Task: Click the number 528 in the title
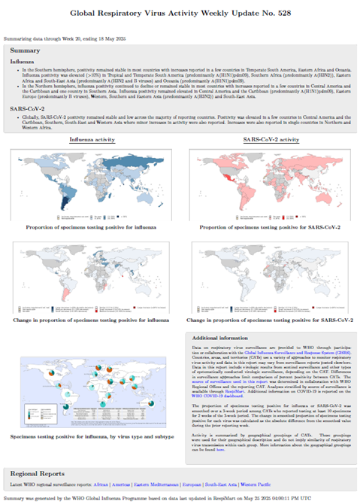click(x=277, y=14)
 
